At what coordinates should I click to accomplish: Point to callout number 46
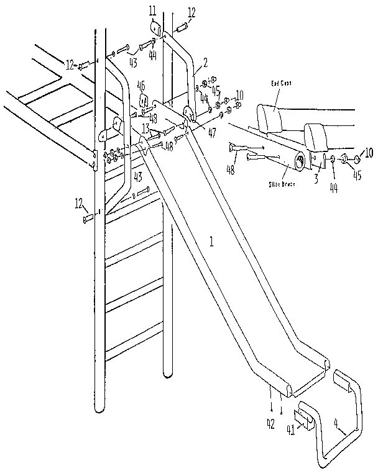tap(141, 85)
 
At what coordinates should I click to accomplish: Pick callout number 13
tap(145, 128)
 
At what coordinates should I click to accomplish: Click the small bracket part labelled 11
tap(155, 30)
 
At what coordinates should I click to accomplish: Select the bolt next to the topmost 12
tap(184, 28)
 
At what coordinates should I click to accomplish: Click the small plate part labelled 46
tap(144, 101)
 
